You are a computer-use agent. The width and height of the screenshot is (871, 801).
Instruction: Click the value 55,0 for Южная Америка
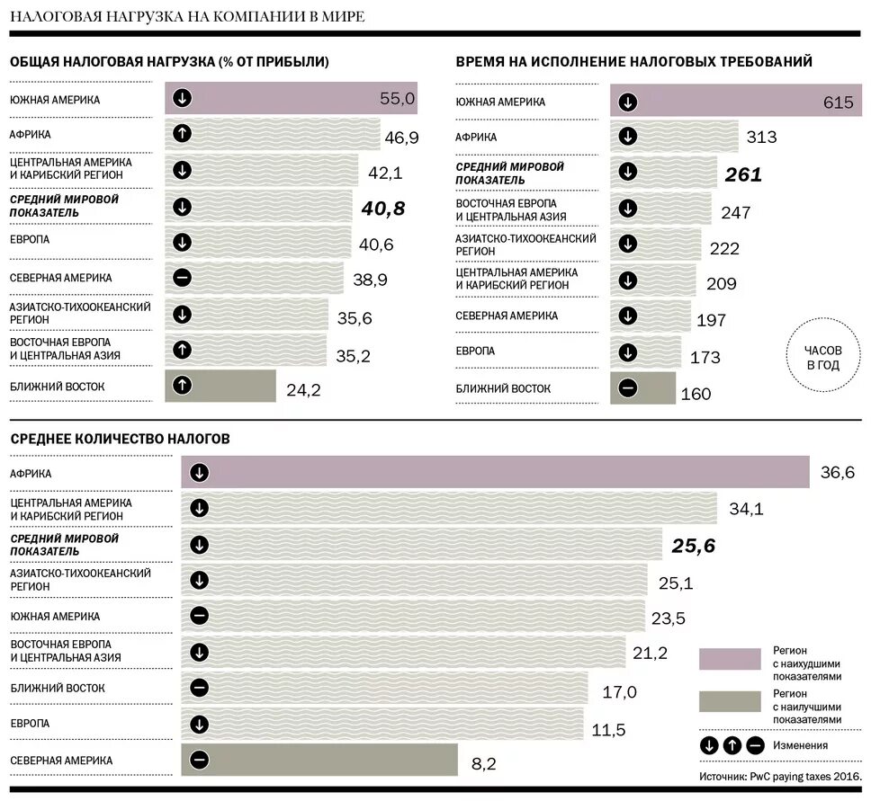[x=397, y=99]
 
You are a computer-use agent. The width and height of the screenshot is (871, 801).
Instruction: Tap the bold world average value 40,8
[x=383, y=209]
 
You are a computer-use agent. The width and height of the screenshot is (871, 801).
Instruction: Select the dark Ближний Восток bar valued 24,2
[x=220, y=386]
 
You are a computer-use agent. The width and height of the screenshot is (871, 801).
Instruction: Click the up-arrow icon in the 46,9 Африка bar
[x=182, y=135]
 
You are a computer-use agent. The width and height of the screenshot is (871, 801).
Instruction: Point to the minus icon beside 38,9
[x=182, y=278]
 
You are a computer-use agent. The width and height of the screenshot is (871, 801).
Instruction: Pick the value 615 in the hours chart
[x=838, y=102]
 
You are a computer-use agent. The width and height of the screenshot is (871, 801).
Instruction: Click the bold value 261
[x=743, y=174]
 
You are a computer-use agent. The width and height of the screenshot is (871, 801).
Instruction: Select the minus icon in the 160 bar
[x=628, y=388]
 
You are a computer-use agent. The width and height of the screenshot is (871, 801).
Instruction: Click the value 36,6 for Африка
[x=837, y=473]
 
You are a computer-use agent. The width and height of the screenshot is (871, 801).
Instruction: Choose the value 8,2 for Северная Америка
[x=483, y=764]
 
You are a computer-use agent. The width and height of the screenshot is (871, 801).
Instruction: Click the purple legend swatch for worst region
[x=730, y=659]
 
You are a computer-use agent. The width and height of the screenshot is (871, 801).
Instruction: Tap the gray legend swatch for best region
[x=730, y=702]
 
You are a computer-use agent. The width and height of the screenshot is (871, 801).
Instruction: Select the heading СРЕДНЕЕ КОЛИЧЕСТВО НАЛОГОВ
[x=120, y=439]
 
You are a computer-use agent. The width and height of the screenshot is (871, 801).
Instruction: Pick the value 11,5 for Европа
[x=609, y=729]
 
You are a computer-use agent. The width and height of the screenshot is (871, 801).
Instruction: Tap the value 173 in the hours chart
[x=705, y=358]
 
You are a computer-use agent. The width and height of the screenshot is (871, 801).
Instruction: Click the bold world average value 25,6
[x=693, y=546]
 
